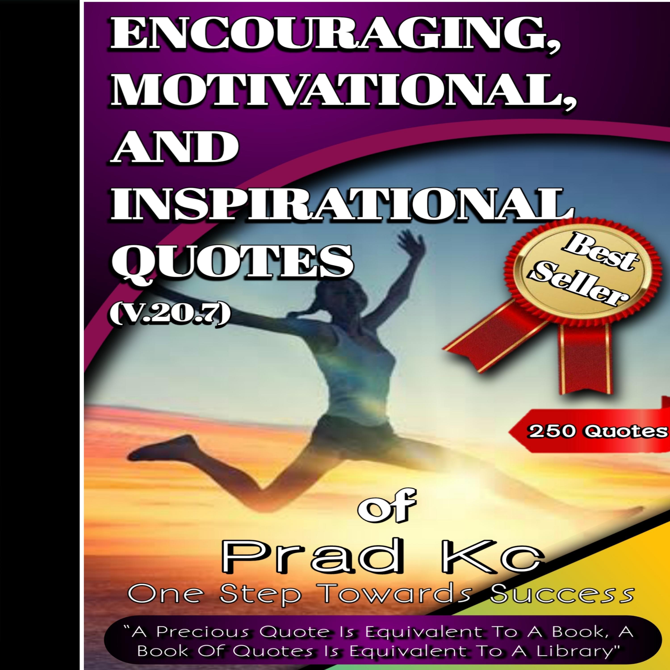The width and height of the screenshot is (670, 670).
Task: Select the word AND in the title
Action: (x=174, y=147)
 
